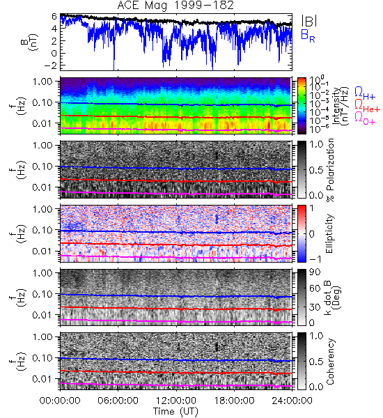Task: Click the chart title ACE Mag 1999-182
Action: click(x=175, y=6)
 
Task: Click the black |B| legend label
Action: click(x=309, y=21)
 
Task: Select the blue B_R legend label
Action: click(x=308, y=36)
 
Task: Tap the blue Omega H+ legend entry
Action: click(x=365, y=93)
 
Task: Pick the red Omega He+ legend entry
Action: click(x=367, y=106)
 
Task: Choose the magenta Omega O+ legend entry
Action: click(x=365, y=118)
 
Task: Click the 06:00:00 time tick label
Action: click(x=118, y=401)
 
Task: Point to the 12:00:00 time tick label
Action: click(x=176, y=401)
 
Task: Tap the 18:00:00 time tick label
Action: click(x=234, y=401)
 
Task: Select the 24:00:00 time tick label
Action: click(x=292, y=401)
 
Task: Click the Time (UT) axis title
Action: click(x=175, y=411)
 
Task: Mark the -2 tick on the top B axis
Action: click(x=52, y=65)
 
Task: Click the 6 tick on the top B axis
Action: click(x=54, y=17)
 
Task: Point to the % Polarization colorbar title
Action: click(x=330, y=170)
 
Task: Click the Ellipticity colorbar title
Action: click(x=329, y=233)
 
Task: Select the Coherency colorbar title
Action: click(x=330, y=362)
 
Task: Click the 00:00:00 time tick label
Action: click(x=60, y=401)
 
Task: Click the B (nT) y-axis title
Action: click(x=29, y=42)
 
